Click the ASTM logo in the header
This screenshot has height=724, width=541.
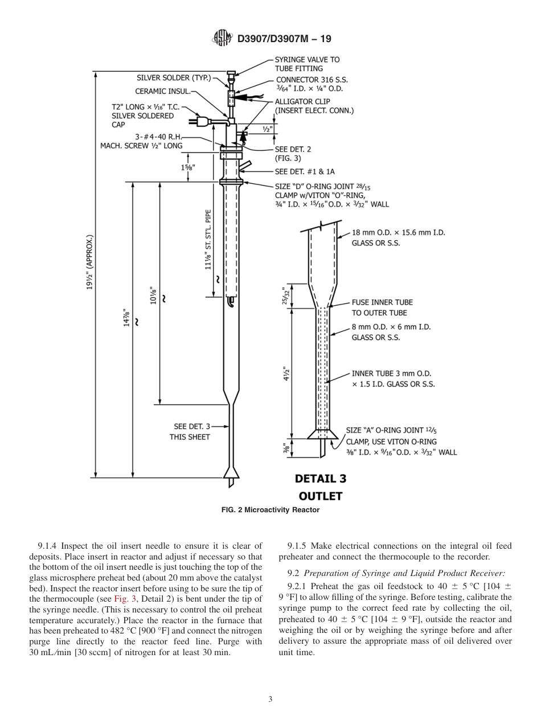point(222,39)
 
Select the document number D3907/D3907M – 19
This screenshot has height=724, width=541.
point(284,39)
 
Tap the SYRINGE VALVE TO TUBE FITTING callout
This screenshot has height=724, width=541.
point(307,64)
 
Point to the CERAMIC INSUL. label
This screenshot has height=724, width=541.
point(162,91)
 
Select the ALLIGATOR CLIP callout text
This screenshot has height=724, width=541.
point(314,106)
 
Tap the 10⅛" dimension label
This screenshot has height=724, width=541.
point(152,295)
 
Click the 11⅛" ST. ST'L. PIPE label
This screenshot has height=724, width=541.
point(208,239)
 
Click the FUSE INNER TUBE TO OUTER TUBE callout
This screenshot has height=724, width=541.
point(382,307)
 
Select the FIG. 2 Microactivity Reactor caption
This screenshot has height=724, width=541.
point(270,510)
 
